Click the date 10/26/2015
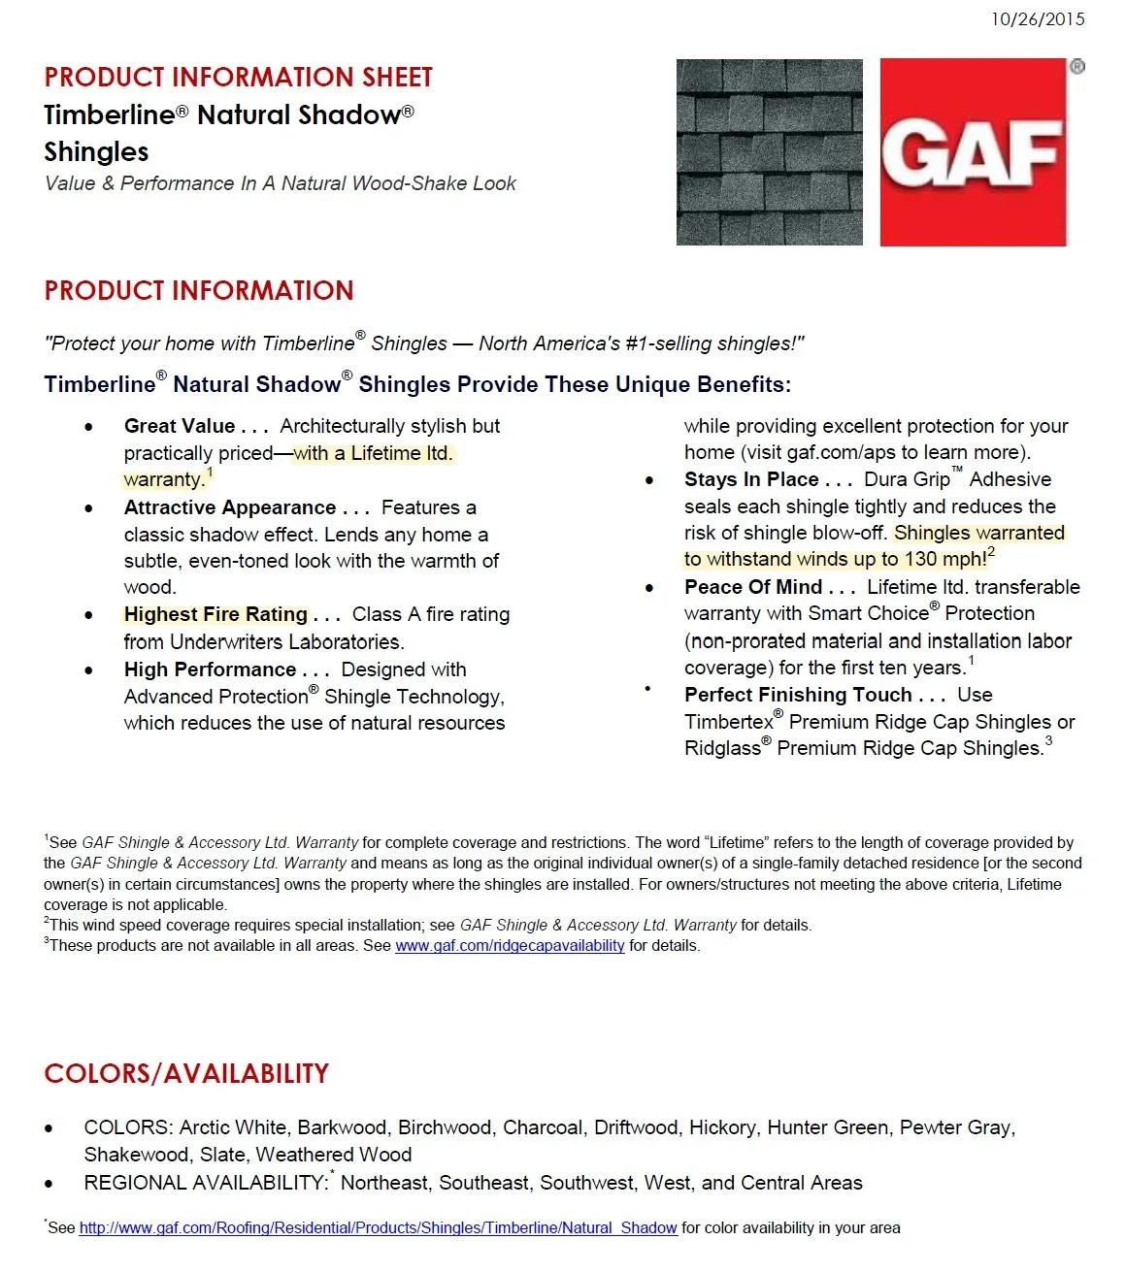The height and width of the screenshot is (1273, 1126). (1038, 19)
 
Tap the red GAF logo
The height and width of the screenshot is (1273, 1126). (973, 152)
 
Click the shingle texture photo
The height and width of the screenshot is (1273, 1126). (769, 152)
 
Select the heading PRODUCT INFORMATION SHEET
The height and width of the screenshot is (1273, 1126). (238, 78)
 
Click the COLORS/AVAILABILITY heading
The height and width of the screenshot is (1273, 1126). (186, 1073)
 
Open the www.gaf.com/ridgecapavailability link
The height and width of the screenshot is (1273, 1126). (510, 946)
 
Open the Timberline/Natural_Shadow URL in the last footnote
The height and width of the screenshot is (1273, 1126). (378, 1227)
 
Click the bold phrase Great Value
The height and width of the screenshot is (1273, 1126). (180, 426)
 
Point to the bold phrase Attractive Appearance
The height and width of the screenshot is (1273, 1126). (230, 507)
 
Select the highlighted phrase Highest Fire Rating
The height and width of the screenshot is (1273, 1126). (215, 614)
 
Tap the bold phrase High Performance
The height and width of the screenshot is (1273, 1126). (210, 669)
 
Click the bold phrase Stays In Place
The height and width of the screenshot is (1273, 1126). (751, 479)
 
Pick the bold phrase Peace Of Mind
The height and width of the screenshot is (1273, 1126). (753, 587)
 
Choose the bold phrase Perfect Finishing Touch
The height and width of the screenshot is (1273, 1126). (798, 695)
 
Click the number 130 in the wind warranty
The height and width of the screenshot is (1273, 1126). (920, 560)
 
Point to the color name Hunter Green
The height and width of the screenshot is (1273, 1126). (827, 1127)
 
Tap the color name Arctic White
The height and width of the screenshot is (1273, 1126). (233, 1127)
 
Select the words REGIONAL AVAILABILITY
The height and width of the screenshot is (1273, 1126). (205, 1183)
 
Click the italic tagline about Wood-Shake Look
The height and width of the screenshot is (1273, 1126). (280, 183)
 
